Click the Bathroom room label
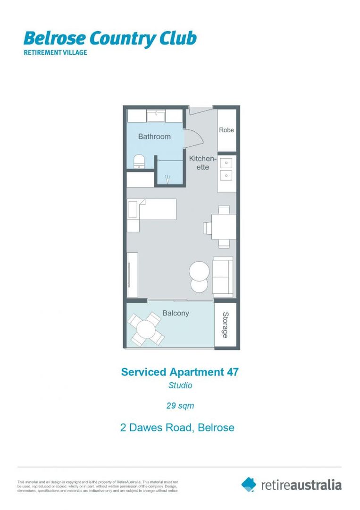[x=154, y=136]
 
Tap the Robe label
[x=226, y=130]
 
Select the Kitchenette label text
[x=202, y=163]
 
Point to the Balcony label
[x=176, y=313]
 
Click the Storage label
[x=226, y=325]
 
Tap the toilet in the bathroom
[x=139, y=161]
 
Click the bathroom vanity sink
[x=155, y=116]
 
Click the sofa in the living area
[x=223, y=277]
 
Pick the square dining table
[x=224, y=227]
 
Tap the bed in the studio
[x=152, y=209]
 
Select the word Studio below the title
[x=180, y=385]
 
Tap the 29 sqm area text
[x=180, y=405]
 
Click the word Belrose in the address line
[x=216, y=428]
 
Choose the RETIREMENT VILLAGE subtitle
[x=55, y=52]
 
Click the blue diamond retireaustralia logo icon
[x=249, y=484]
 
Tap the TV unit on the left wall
[x=133, y=275]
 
